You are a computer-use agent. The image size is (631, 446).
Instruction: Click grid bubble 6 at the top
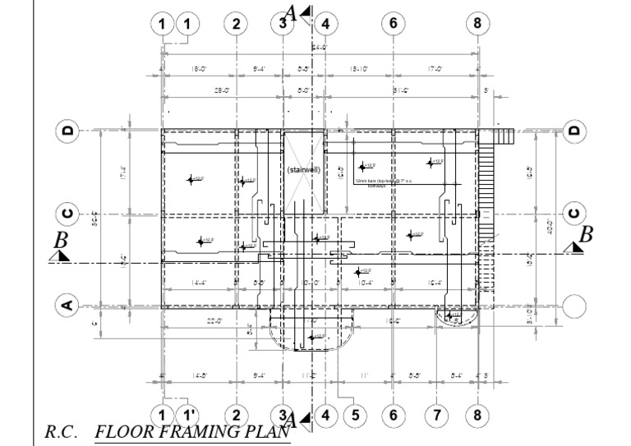tap(393, 23)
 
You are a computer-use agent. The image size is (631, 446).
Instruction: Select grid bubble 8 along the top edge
tap(477, 23)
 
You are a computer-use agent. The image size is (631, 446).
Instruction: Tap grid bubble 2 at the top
tap(237, 23)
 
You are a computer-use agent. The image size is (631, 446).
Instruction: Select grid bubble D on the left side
tap(67, 130)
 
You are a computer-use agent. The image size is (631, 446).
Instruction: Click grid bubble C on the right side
tap(573, 215)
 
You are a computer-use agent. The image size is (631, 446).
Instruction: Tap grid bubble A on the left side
tap(67, 306)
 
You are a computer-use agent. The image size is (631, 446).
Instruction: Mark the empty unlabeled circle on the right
tap(573, 306)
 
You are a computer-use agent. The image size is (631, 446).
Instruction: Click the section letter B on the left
tap(59, 241)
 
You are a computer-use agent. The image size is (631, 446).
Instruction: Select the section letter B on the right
tap(585, 235)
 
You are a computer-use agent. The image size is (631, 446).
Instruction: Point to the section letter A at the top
tap(290, 12)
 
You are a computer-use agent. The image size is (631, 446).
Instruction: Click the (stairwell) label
tap(303, 169)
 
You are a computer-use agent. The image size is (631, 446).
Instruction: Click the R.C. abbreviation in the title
tap(64, 430)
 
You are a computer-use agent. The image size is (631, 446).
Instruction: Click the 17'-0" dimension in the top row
tap(435, 69)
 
